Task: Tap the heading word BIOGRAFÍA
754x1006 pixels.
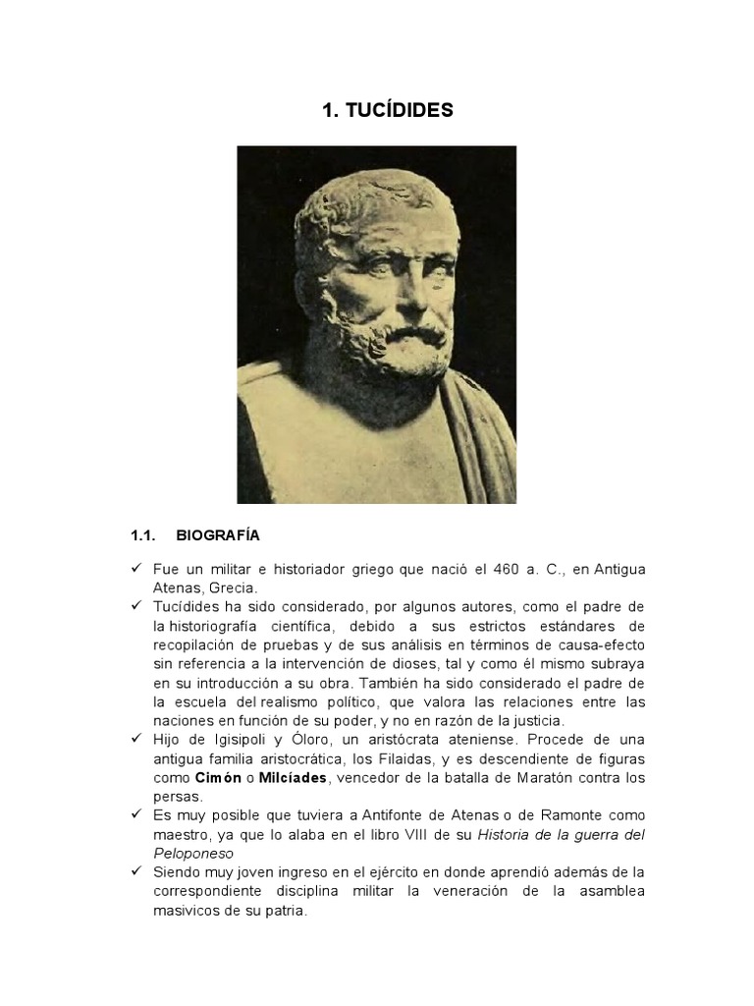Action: coord(218,536)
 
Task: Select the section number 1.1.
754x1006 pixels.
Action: coord(144,536)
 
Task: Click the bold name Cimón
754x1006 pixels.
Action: coord(218,778)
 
